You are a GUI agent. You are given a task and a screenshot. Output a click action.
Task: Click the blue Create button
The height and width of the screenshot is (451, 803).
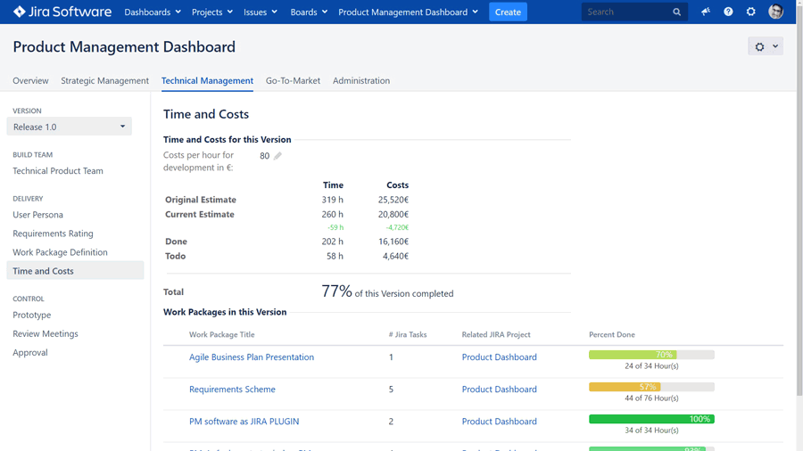(508, 12)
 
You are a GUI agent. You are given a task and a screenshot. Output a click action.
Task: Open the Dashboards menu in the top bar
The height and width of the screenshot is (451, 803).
(152, 12)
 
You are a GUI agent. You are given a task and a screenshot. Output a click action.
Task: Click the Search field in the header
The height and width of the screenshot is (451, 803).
(626, 12)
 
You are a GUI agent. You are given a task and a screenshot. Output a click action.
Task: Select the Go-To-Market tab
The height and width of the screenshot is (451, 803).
(293, 80)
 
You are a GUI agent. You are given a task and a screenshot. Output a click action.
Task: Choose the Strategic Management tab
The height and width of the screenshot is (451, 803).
(104, 80)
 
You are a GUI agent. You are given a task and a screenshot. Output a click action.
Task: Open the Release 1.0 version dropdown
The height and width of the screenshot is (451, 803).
(69, 127)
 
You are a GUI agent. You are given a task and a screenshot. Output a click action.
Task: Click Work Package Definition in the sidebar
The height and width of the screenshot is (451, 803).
(60, 252)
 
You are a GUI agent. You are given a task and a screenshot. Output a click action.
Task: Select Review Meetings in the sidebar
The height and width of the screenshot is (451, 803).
(46, 333)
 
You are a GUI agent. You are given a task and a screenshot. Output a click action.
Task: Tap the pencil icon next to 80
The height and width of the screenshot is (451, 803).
(277, 156)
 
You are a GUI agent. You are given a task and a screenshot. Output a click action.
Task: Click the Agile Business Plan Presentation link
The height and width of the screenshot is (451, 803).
(252, 357)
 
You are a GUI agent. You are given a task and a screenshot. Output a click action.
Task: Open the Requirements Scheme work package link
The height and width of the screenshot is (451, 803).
(232, 389)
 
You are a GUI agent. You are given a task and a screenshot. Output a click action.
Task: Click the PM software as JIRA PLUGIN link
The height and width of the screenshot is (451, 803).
(244, 421)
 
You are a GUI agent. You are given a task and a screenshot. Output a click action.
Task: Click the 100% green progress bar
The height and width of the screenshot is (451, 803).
(651, 419)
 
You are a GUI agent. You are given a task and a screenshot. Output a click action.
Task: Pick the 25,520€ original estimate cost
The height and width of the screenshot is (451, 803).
(393, 200)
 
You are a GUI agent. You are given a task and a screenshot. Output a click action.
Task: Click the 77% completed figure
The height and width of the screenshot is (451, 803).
(336, 291)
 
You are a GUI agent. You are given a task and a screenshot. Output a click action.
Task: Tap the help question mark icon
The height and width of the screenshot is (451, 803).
(728, 12)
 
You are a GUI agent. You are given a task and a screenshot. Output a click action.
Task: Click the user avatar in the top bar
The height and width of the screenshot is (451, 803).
(775, 12)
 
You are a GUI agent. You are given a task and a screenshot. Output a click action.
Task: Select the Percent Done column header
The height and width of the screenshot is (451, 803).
(611, 334)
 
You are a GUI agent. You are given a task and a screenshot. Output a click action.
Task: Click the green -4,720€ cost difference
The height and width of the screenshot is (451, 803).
(396, 227)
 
